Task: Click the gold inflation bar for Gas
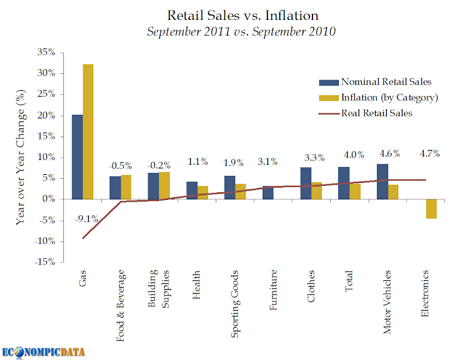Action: pyautogui.click(x=88, y=132)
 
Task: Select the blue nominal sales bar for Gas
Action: pyautogui.click(x=77, y=157)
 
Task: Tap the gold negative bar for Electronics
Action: pyautogui.click(x=431, y=209)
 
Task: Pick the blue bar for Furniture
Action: pyautogui.click(x=268, y=193)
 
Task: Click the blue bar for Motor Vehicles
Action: pyautogui.click(x=382, y=182)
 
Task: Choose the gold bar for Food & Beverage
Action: pyautogui.click(x=126, y=188)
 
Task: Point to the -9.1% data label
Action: pyautogui.click(x=86, y=219)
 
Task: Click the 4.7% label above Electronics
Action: pyautogui.click(x=430, y=154)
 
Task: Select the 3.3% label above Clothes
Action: pyautogui.click(x=314, y=157)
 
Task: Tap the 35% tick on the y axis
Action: pyautogui.click(x=46, y=52)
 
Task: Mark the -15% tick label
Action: pyautogui.click(x=45, y=262)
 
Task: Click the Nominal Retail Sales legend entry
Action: pyautogui.click(x=375, y=81)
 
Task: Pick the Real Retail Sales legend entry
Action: pyautogui.click(x=365, y=113)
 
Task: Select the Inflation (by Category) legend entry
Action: pyautogui.click(x=378, y=97)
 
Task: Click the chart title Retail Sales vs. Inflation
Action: pyautogui.click(x=243, y=15)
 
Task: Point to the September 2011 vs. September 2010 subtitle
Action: pyautogui.click(x=241, y=32)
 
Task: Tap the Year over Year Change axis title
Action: pyautogui.click(x=21, y=157)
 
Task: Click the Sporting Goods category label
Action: pyautogui.click(x=235, y=304)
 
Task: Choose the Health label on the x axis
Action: pyautogui.click(x=196, y=284)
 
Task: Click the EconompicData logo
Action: pyautogui.click(x=43, y=352)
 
